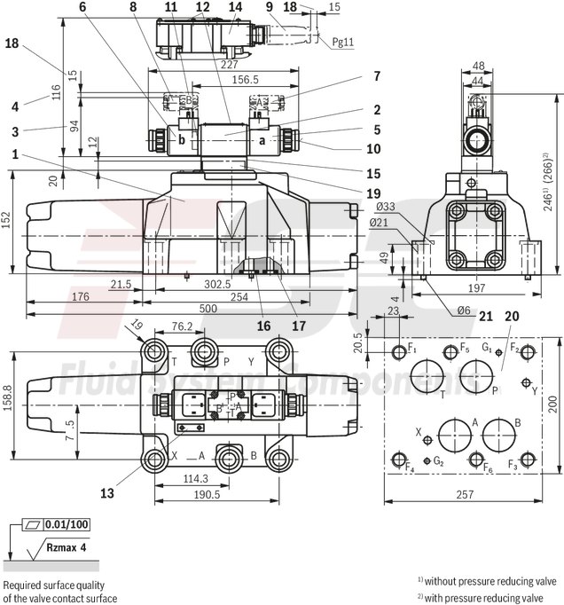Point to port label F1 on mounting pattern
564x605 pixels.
[411, 348]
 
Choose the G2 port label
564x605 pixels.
[438, 461]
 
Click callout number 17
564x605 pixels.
[298, 326]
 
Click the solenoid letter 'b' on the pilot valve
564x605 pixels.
[182, 139]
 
